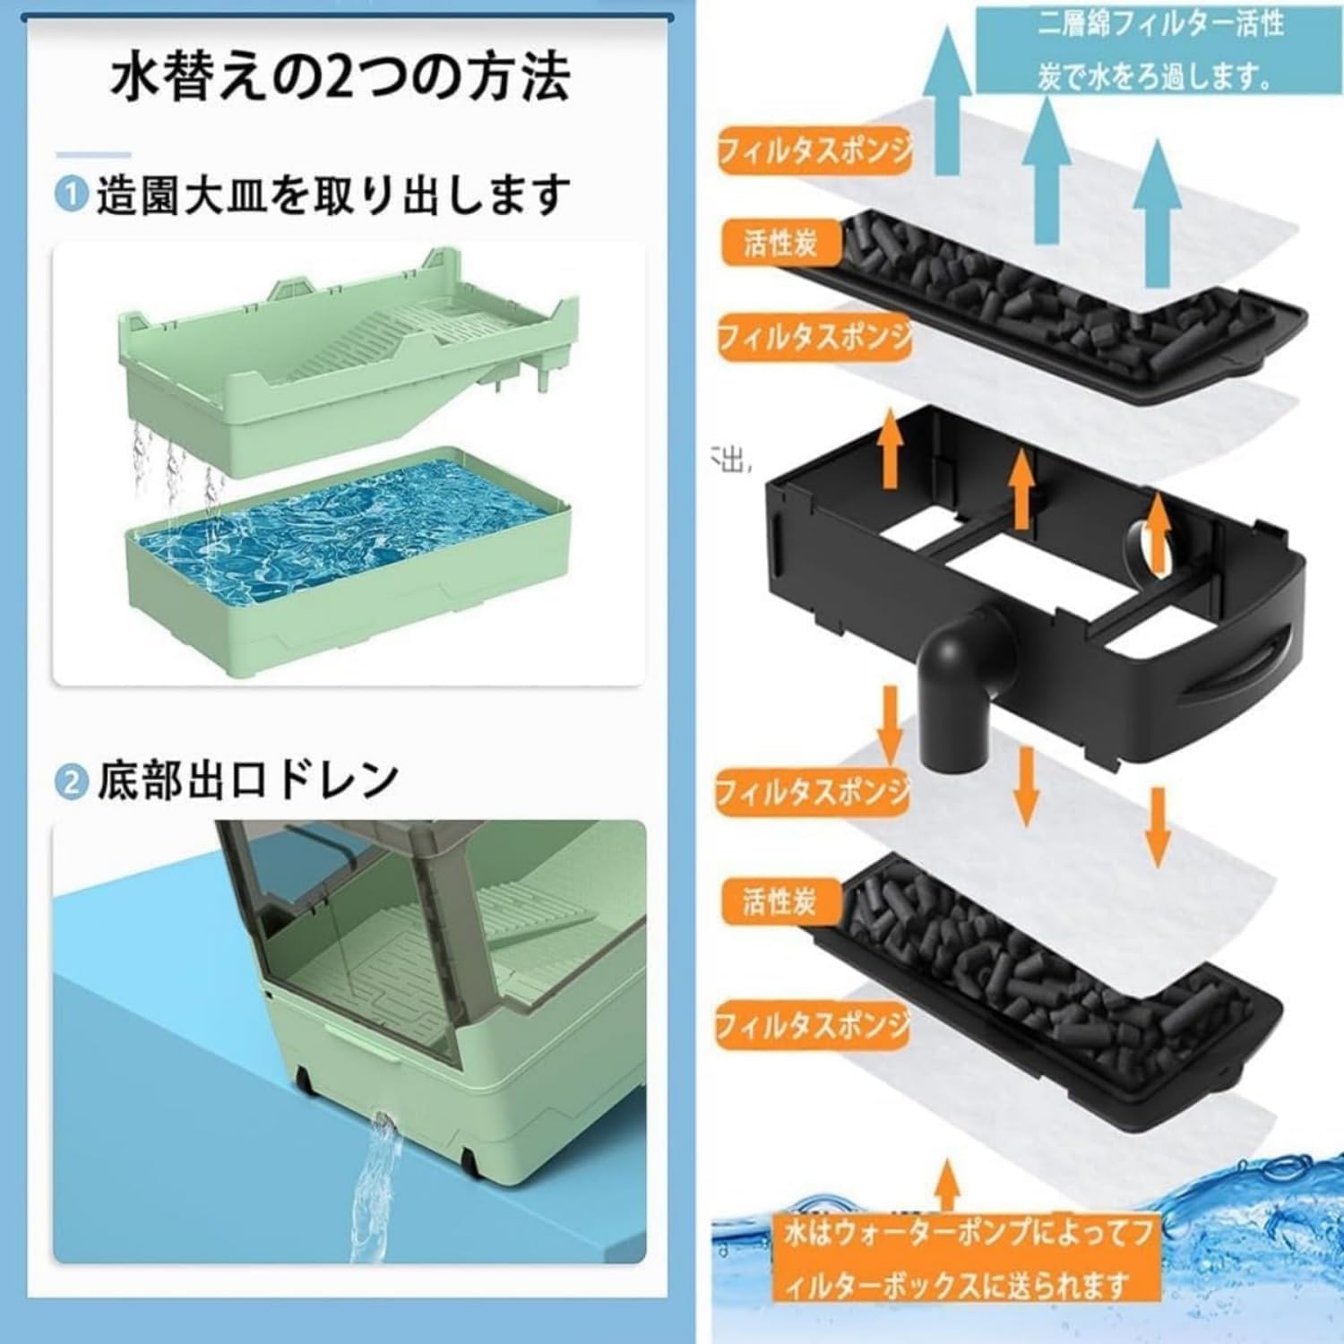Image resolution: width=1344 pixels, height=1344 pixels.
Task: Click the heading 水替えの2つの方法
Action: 340,79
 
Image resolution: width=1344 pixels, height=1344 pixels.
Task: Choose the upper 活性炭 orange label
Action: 780,242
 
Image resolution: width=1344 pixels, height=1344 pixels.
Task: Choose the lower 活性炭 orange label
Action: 780,900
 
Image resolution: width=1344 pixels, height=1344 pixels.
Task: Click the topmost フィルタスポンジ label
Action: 814,151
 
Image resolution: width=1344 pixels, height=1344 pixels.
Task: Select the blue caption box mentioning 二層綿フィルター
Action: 1160,49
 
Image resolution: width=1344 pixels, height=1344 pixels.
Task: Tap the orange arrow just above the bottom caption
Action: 948,1183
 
